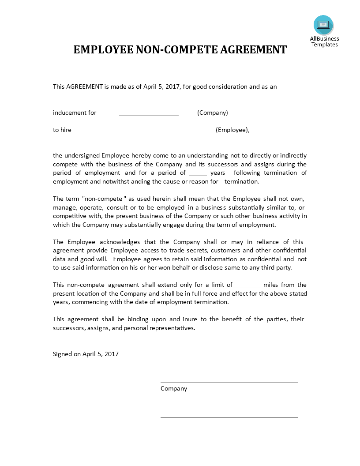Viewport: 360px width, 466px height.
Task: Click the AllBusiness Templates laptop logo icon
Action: click(x=323, y=25)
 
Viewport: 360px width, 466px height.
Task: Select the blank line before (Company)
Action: click(x=149, y=115)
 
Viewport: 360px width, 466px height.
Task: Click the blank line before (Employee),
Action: click(x=169, y=132)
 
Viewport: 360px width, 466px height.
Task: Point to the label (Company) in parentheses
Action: click(x=213, y=113)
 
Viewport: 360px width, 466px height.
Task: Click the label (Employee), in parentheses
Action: click(x=232, y=130)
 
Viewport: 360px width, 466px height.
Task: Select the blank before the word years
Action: click(x=198, y=174)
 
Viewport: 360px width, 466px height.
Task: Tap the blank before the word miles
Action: click(x=247, y=286)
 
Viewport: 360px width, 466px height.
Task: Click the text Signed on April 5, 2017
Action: click(x=86, y=354)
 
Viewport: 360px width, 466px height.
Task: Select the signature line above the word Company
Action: click(x=229, y=383)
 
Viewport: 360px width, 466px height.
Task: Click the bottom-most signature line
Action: click(x=229, y=417)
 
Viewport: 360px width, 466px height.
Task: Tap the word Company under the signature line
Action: click(x=174, y=389)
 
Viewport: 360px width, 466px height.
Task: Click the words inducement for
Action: click(x=75, y=113)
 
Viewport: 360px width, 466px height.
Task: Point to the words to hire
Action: click(x=62, y=130)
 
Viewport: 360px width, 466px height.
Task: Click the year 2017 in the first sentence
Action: click(x=172, y=86)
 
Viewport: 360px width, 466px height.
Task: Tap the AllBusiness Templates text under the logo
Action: click(x=324, y=41)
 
